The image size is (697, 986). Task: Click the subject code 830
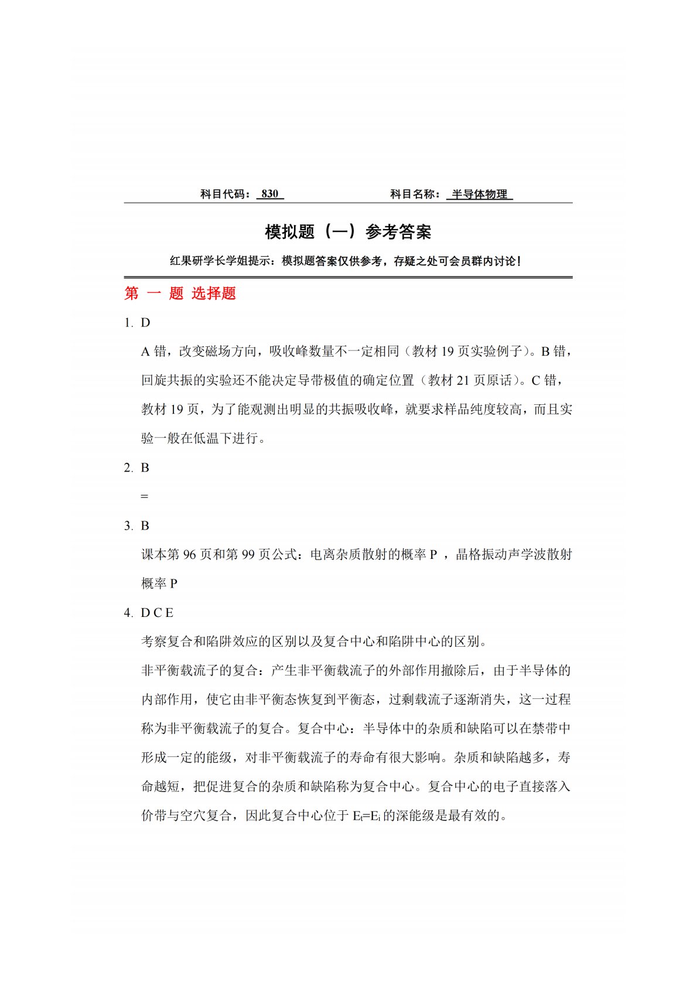point(270,194)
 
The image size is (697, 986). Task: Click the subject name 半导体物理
point(479,194)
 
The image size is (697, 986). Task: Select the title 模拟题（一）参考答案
point(348,232)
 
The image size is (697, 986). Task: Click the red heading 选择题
point(214,293)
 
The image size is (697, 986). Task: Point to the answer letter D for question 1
point(146,323)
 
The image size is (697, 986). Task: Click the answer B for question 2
point(145,468)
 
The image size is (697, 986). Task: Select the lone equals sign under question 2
point(145,497)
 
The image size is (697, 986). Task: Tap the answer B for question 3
point(145,526)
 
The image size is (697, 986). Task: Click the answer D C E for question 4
point(157,613)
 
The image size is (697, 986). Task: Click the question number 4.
point(128,613)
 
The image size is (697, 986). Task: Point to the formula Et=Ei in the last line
point(367,816)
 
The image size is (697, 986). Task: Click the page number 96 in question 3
point(189,554)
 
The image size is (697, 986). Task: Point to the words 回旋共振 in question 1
point(167,380)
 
